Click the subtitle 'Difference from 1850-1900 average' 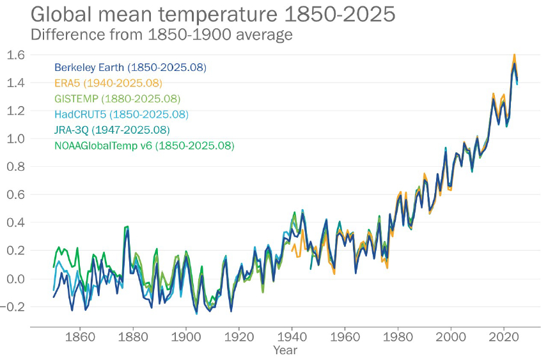162,34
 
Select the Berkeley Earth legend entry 130,67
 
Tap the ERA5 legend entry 108,83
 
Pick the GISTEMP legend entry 118,99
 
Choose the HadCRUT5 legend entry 121,114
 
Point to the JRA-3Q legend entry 112,130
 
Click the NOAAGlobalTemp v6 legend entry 145,146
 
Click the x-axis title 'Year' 285,350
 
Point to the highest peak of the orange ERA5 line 514,56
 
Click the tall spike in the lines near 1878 127,227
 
